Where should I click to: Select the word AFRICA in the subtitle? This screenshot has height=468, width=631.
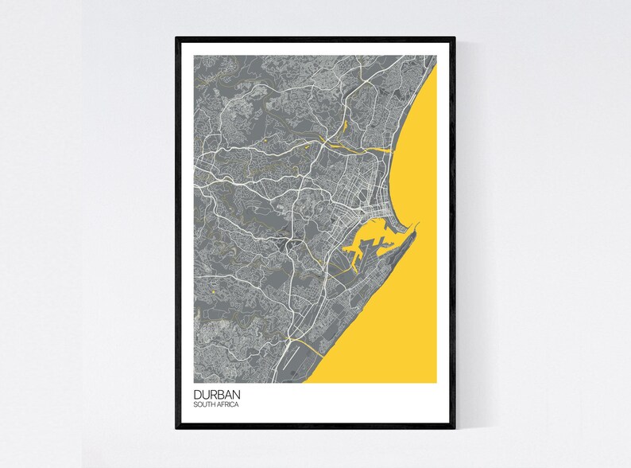point(229,405)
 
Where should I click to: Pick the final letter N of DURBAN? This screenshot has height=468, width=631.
point(239,394)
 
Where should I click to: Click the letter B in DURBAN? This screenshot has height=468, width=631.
point(223,394)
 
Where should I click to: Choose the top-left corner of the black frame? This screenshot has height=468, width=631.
point(177,37)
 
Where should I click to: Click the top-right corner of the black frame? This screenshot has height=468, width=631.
point(455,37)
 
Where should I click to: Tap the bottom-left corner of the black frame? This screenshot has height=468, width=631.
point(177,427)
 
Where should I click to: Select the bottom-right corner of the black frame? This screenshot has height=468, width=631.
point(455,427)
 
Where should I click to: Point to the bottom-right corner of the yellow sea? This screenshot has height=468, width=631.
point(436,381)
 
